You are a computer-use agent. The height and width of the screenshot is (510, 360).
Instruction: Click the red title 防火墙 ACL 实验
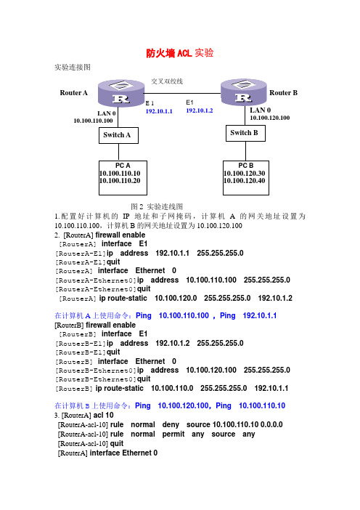pos(180,53)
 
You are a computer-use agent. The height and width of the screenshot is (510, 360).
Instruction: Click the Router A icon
pos(121,93)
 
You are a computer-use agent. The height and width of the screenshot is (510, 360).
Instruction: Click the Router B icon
pos(244,92)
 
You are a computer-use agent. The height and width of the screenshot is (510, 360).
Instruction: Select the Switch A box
pos(118,135)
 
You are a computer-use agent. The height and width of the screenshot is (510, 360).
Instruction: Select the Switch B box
pos(245,133)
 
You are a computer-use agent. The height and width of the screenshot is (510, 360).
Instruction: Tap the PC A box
pos(123,178)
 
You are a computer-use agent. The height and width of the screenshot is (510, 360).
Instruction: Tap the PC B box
pos(246,178)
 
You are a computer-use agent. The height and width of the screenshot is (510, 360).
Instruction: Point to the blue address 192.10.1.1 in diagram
pos(159,111)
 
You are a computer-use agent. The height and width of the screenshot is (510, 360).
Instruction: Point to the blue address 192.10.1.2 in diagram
pos(200,110)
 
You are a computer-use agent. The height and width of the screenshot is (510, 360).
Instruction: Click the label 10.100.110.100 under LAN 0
pos(93,121)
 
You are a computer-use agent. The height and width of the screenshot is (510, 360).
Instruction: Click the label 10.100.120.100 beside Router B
pos(270,118)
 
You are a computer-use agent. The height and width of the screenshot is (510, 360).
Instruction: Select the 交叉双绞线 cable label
pos(167,81)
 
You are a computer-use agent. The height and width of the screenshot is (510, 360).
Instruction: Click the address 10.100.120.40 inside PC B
pos(245,181)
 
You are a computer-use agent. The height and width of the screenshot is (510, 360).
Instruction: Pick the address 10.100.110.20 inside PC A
pos(120,181)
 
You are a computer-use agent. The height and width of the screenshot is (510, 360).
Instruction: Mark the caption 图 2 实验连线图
pos(157,206)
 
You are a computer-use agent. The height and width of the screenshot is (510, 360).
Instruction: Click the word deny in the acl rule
pos(171,424)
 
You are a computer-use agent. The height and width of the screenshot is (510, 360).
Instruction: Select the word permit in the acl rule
pos(173,434)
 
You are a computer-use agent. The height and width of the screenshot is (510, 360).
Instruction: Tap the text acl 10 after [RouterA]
pos(104,415)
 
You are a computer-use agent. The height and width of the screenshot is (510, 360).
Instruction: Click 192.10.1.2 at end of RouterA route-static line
pos(275,299)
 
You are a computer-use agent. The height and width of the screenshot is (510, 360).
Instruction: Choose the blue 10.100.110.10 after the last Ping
pos(262,405)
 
